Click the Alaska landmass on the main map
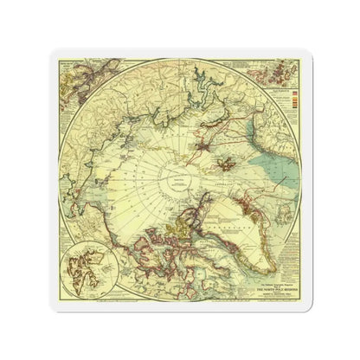[x=69, y=199]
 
